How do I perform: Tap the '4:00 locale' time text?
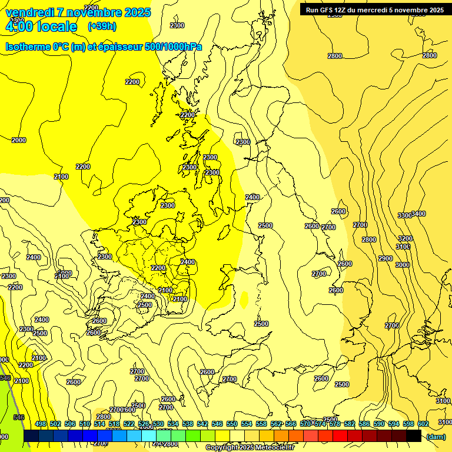41,26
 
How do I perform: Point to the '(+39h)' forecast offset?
102,26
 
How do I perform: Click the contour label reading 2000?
19,140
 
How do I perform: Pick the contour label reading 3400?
418,214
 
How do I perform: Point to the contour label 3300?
404,215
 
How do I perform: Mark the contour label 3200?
406,238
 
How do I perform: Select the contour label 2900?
385,258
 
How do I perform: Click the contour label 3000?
402,265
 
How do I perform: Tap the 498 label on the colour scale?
41,424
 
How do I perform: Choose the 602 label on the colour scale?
423,424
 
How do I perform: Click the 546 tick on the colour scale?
217,424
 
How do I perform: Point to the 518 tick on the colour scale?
114,424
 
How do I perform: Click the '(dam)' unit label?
436,437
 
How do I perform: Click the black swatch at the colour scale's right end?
414,436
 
